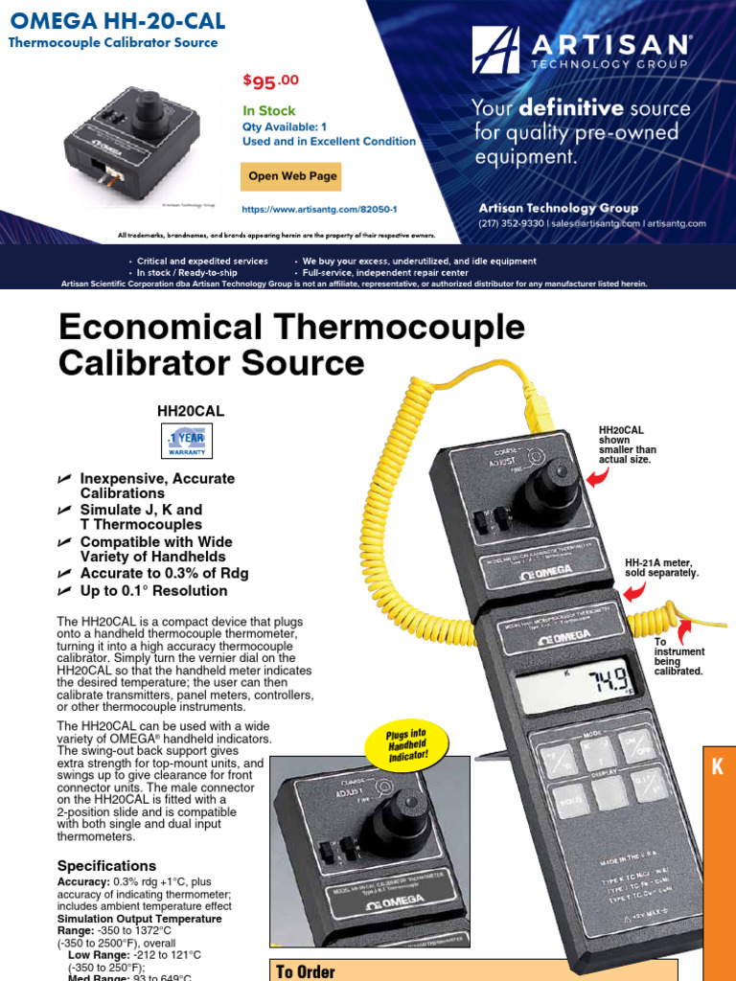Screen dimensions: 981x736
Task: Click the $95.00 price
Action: click(x=271, y=80)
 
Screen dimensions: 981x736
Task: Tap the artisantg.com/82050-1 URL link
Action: click(x=319, y=208)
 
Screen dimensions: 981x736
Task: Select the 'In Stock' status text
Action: click(x=269, y=110)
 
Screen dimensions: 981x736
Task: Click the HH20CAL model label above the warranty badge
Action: click(x=191, y=410)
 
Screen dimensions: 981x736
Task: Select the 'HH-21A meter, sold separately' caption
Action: click(x=661, y=567)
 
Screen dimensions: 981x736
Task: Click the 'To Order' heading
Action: click(x=306, y=971)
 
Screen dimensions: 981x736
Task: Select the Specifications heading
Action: click(x=105, y=865)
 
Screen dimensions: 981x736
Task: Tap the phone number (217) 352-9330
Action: click(x=511, y=223)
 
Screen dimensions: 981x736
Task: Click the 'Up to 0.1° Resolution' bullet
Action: click(x=153, y=591)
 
